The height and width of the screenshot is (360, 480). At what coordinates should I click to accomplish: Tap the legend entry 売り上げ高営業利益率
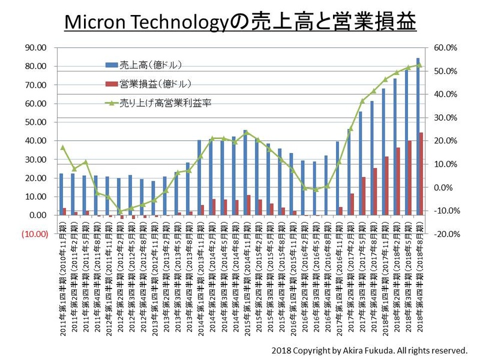point(159,103)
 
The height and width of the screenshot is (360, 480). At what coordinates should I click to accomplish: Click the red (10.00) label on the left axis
point(34,234)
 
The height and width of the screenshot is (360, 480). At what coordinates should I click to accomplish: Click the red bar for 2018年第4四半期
point(421,174)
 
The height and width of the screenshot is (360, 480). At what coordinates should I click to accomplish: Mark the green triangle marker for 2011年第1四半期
point(62,147)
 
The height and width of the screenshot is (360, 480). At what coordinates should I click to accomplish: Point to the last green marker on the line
point(419,65)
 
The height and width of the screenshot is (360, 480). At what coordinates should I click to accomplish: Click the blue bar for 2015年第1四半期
point(245,173)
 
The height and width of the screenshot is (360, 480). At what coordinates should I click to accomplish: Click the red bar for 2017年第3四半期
point(364,196)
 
